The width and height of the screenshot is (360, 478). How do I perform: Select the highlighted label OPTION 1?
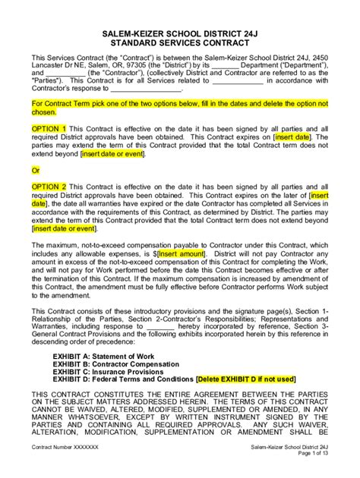coord(49,129)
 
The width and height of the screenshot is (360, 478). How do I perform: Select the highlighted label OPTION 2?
coord(49,186)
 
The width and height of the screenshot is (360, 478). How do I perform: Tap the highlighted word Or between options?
coord(35,171)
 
